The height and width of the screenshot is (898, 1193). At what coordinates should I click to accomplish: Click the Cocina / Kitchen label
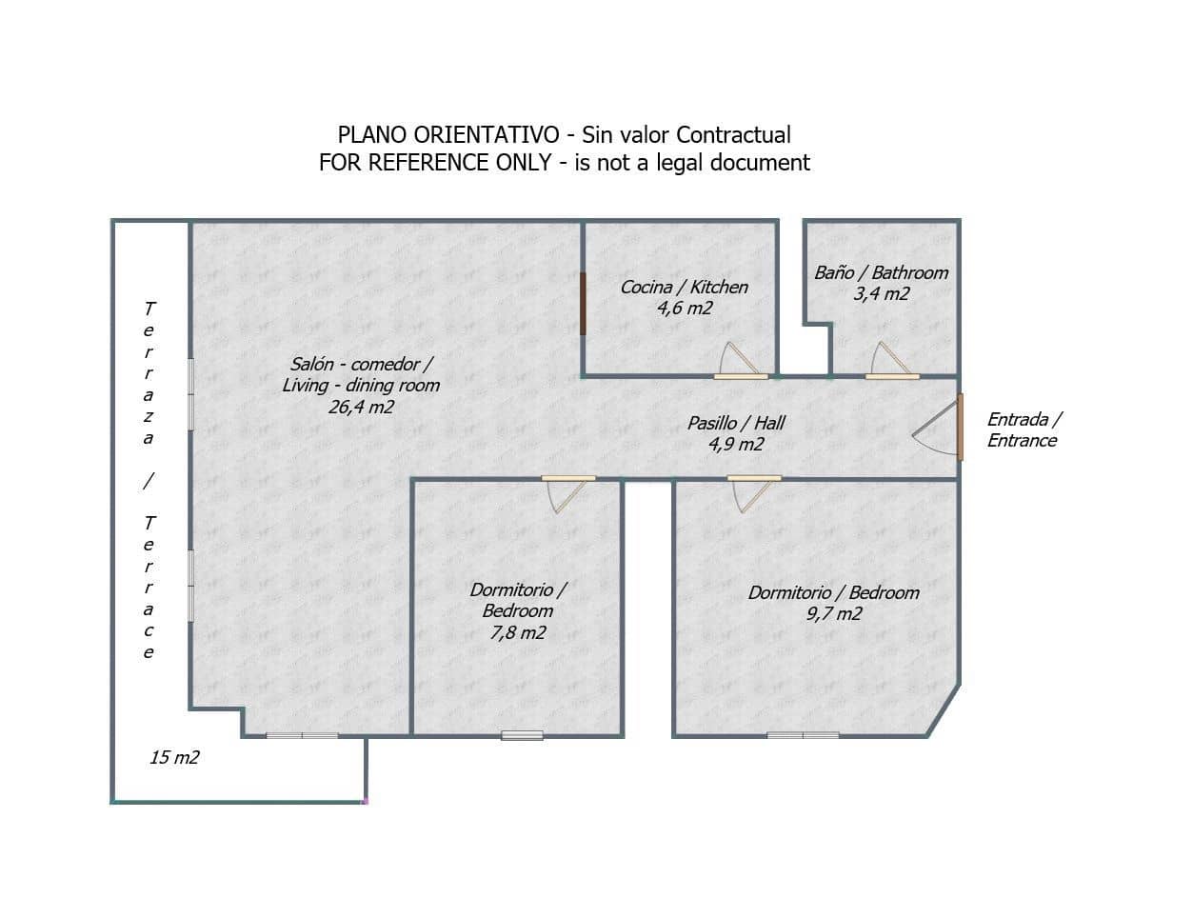(684, 287)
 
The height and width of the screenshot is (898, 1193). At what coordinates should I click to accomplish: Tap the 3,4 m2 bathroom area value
(881, 293)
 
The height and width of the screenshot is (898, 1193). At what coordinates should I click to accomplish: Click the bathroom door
(892, 360)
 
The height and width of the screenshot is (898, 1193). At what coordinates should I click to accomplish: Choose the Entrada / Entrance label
(1024, 429)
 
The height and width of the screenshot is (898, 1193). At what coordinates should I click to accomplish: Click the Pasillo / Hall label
(736, 423)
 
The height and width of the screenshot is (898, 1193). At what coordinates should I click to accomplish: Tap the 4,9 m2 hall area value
(736, 444)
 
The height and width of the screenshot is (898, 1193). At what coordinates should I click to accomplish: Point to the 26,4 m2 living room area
(361, 407)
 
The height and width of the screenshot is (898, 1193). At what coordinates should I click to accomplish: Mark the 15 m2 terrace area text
(174, 757)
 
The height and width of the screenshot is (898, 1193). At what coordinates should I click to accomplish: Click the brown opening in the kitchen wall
(583, 304)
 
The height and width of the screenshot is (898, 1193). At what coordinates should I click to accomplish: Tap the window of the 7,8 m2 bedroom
(522, 735)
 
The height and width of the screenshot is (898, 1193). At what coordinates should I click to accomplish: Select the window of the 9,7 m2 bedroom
(803, 735)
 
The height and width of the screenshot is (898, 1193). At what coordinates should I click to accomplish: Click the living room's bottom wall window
(302, 735)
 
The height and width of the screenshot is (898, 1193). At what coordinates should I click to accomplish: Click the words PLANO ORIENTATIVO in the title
(448, 135)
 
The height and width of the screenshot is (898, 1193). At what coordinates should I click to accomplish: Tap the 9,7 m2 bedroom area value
(834, 613)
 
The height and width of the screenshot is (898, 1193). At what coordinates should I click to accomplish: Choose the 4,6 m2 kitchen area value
(685, 309)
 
